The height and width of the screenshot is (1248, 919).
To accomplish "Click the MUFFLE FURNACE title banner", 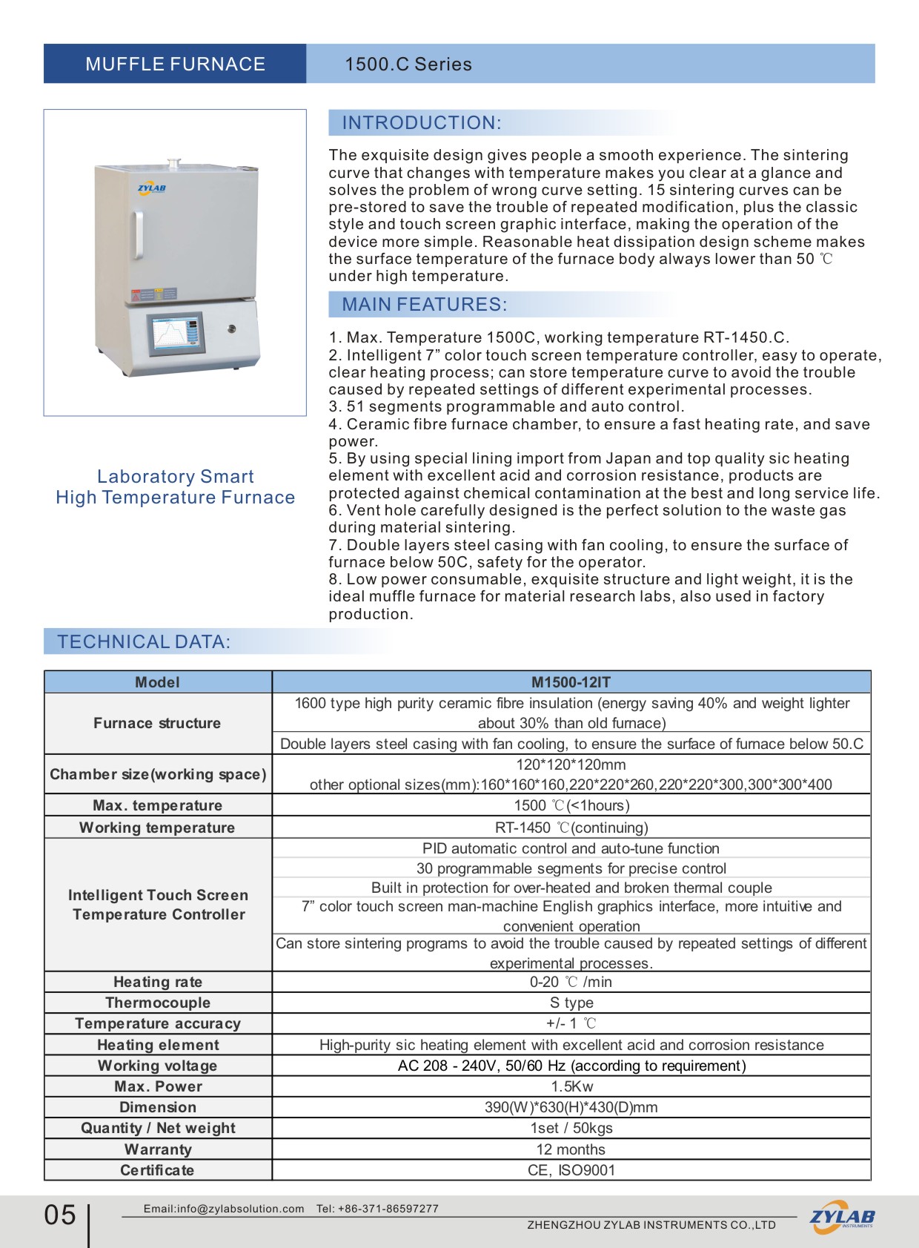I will click(175, 64).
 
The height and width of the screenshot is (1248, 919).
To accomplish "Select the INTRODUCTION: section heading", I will click(421, 122).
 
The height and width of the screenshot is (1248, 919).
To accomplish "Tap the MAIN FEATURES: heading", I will click(424, 304).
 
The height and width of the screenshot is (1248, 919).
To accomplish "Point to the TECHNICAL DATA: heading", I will click(144, 641).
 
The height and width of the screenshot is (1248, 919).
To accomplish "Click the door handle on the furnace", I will click(139, 236).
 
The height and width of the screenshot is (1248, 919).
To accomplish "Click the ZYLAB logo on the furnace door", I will click(152, 188).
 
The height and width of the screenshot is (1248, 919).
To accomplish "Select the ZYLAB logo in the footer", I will click(841, 1217).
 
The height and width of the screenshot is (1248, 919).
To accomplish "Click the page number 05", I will click(60, 1215).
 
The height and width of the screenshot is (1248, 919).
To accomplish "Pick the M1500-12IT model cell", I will click(571, 682).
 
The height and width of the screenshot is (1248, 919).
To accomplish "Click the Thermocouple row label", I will click(158, 1003).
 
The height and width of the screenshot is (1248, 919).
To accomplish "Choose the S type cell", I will click(571, 1003).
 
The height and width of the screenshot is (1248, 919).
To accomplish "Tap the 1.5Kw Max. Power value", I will click(571, 1086).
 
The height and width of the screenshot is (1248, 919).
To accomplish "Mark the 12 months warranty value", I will click(571, 1149).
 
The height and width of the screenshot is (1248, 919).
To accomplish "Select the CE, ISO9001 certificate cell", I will click(571, 1170).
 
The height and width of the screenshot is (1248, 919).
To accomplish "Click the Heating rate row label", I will click(158, 982).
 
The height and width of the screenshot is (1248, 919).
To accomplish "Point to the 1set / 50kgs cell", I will click(571, 1128).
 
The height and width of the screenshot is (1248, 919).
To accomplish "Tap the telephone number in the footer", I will click(388, 1209).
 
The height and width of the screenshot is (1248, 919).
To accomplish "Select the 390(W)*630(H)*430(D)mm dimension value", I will click(571, 1107).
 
